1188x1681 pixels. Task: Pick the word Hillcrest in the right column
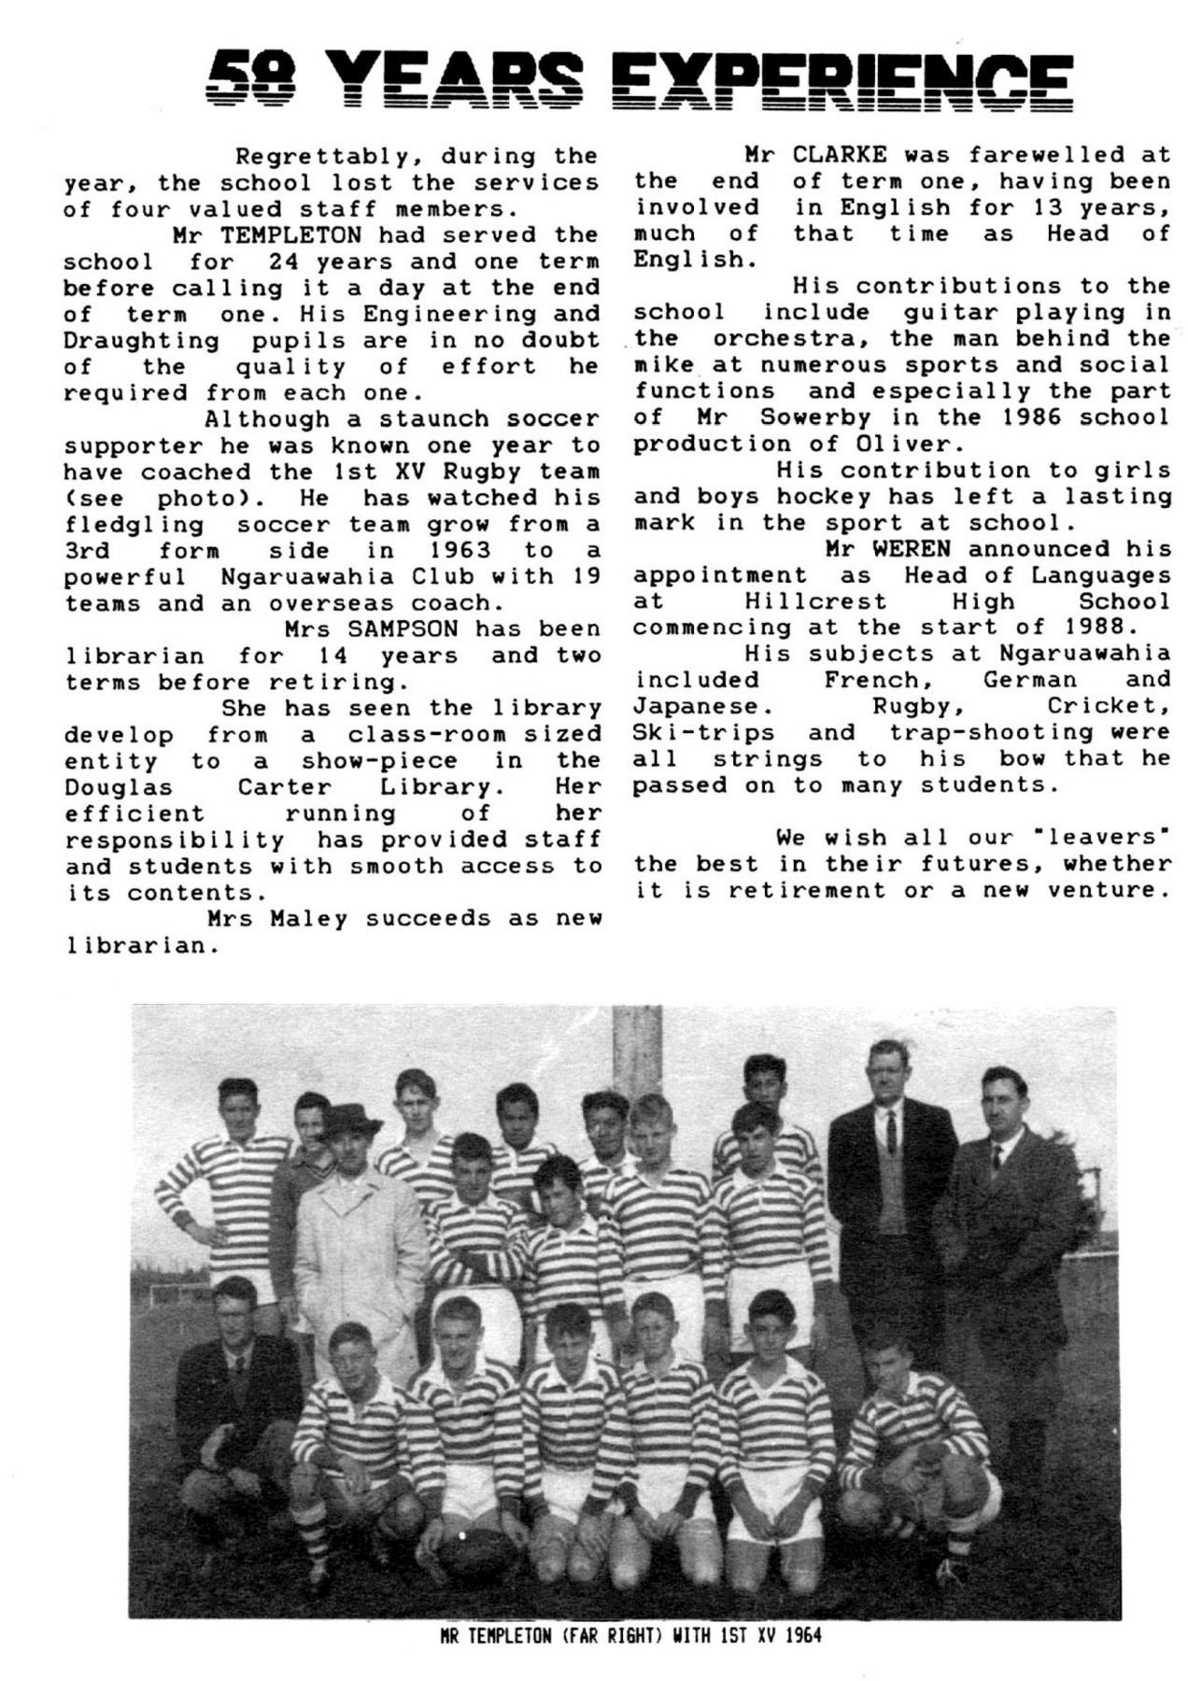(816, 602)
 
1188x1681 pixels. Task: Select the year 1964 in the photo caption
(803, 1635)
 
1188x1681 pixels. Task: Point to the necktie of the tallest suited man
(892, 1130)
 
